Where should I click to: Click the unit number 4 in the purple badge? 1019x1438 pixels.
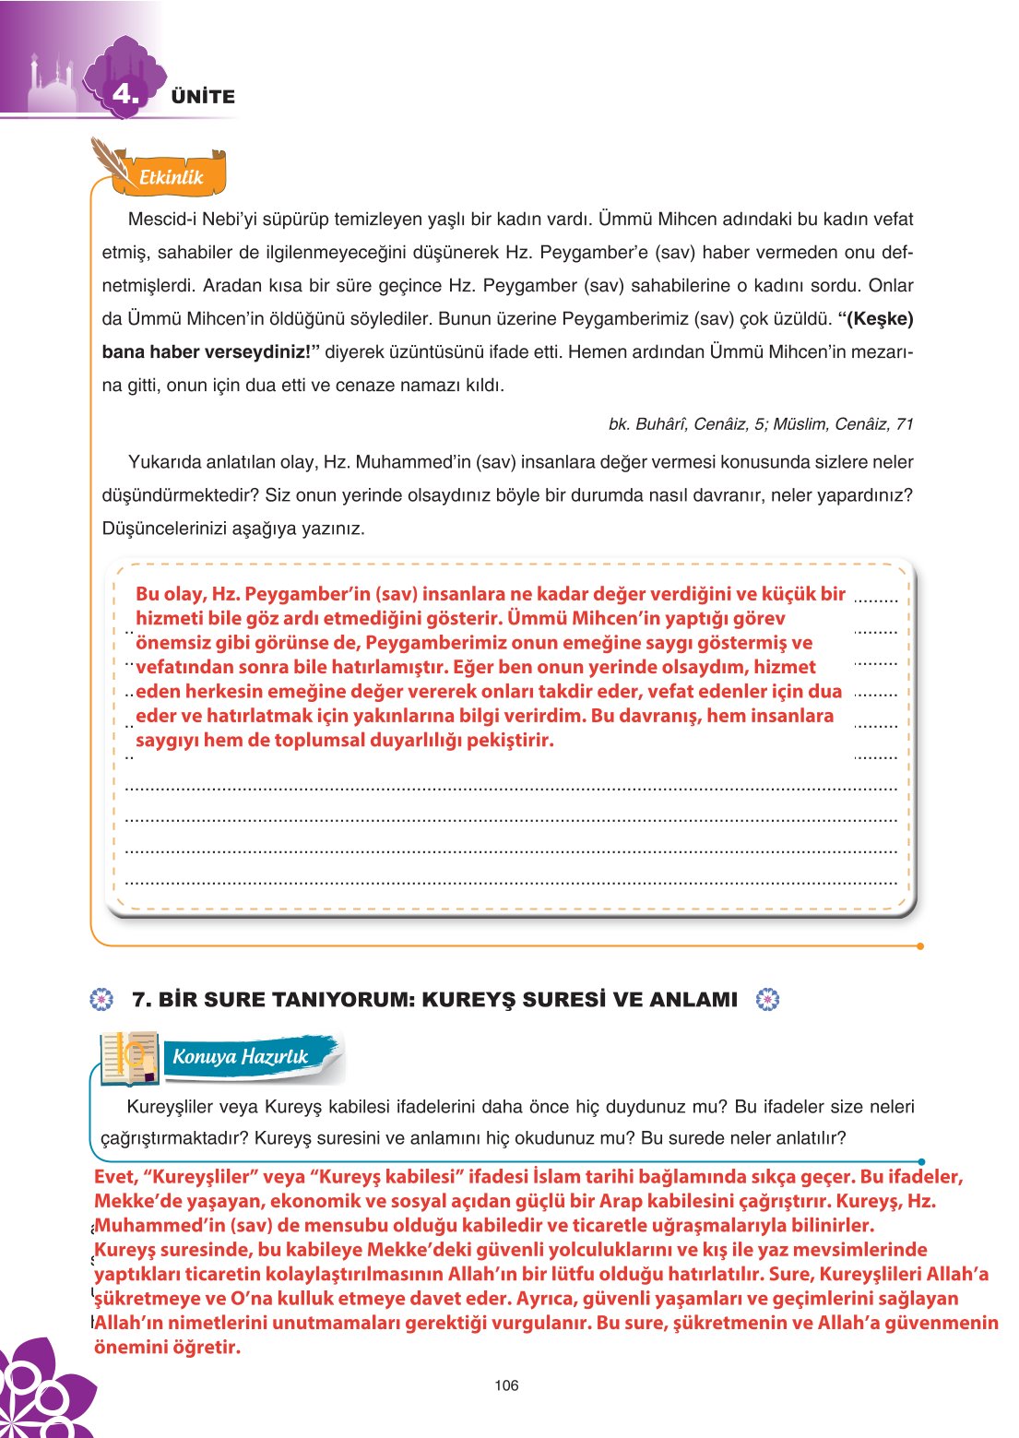pyautogui.click(x=124, y=93)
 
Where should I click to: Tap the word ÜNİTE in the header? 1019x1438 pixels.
pyautogui.click(x=203, y=97)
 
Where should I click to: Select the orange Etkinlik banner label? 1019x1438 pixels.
pyautogui.click(x=171, y=177)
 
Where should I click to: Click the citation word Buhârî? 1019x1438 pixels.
pyautogui.click(x=659, y=424)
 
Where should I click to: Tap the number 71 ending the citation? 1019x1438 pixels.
pyautogui.click(x=904, y=424)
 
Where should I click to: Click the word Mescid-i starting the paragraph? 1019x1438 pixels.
pyautogui.click(x=160, y=220)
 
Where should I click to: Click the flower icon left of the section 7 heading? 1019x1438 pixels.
pyautogui.click(x=101, y=1000)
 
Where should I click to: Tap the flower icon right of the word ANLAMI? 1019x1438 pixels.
pyautogui.click(x=767, y=1000)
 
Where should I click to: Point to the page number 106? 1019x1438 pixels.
pyautogui.click(x=506, y=1385)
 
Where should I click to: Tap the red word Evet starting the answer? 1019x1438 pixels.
pyautogui.click(x=114, y=1177)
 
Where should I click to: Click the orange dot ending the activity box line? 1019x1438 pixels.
pyautogui.click(x=920, y=945)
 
